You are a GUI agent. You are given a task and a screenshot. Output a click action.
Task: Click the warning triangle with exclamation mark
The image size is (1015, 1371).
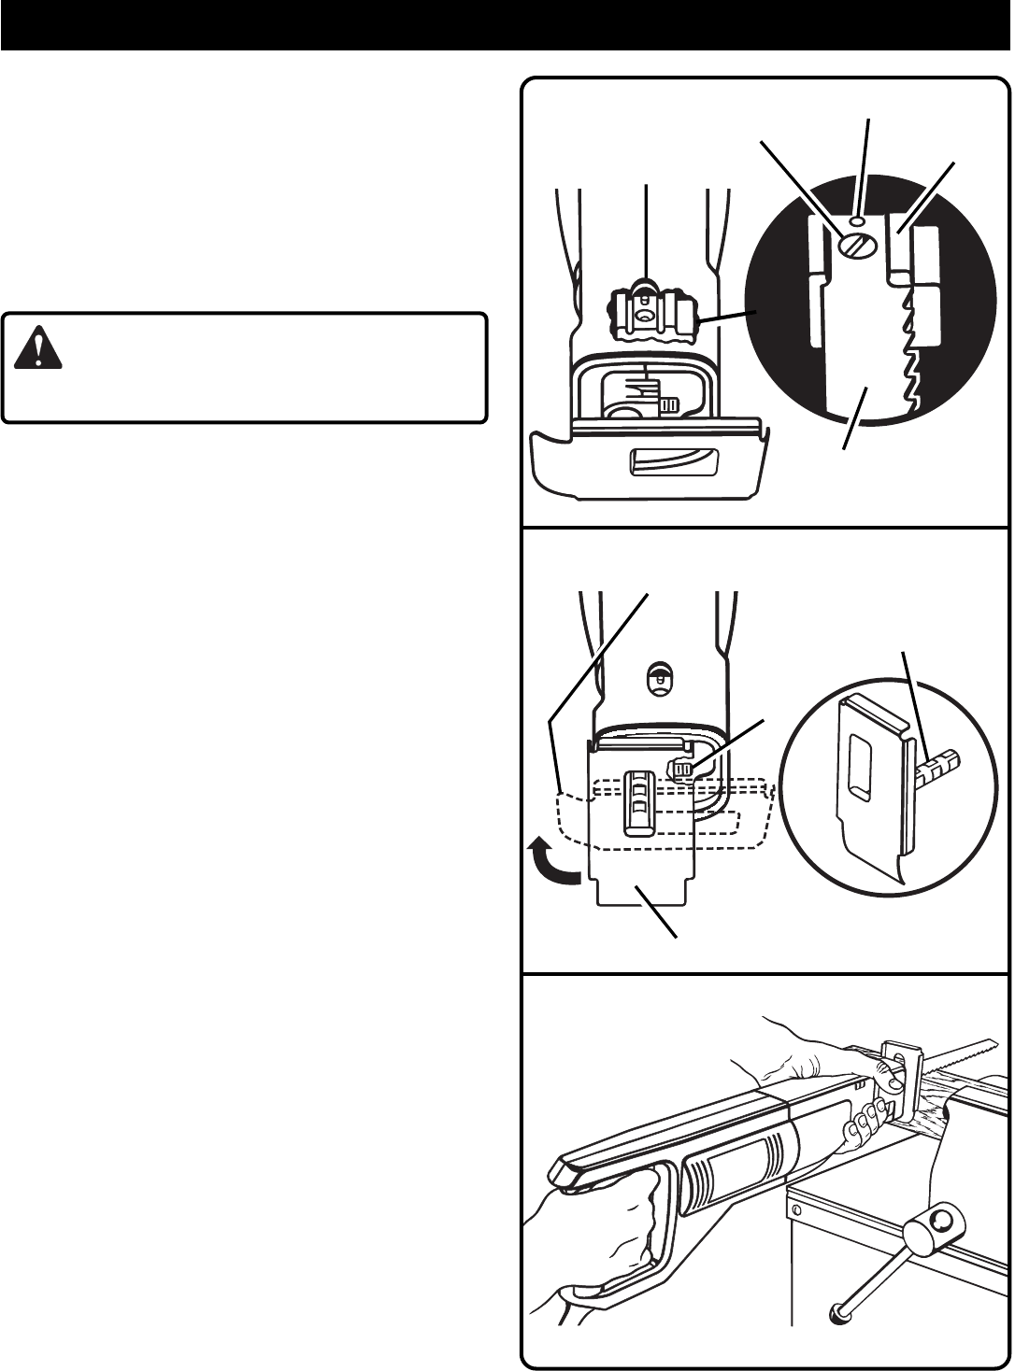38,346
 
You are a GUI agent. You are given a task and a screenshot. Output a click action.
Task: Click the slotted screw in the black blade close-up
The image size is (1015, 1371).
855,246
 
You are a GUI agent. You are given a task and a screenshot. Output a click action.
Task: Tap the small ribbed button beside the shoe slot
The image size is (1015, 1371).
682,769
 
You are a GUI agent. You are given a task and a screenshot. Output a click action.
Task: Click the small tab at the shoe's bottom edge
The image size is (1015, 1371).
640,893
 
